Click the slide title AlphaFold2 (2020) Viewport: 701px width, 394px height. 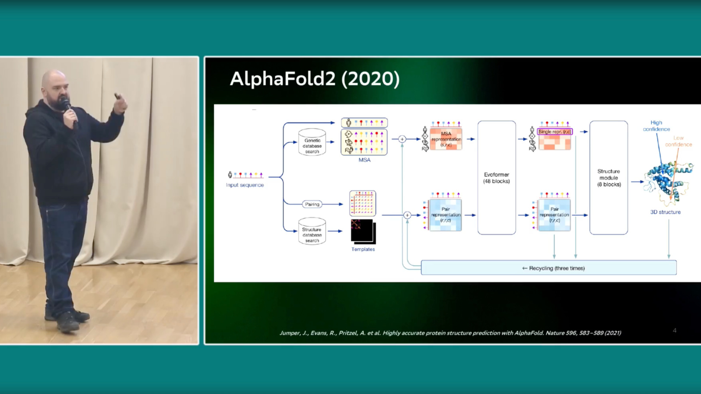click(315, 79)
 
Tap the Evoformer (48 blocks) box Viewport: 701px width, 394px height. click(496, 178)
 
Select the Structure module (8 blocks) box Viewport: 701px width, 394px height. click(609, 178)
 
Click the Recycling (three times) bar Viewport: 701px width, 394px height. click(549, 268)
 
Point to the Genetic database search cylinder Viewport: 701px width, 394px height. click(312, 142)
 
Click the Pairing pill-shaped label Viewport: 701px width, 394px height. click(312, 204)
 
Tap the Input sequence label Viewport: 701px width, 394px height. click(245, 185)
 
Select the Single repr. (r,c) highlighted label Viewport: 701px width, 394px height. click(555, 131)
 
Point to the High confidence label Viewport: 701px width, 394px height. click(656, 126)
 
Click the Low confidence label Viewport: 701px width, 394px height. click(678, 141)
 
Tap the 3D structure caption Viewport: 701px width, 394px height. click(665, 212)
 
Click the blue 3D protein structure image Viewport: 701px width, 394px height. click(668, 182)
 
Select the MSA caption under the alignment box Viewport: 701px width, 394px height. click(365, 160)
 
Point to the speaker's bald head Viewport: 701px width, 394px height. click(53, 81)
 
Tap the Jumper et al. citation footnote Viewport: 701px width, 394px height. click(450, 333)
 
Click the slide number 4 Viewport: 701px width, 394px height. click(675, 331)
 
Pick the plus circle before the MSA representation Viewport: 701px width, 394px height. click(402, 139)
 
